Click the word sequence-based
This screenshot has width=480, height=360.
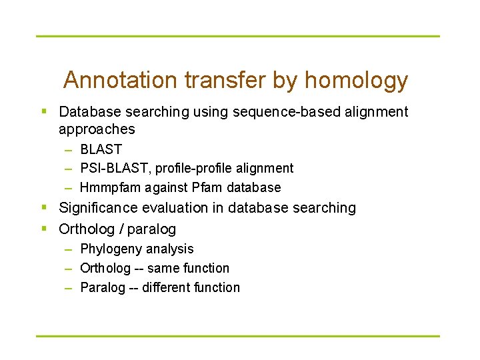pyautogui.click(x=286, y=112)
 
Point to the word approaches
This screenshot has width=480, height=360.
pyautogui.click(x=97, y=129)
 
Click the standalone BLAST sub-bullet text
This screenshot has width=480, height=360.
pyautogui.click(x=101, y=149)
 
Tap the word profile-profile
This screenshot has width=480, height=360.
pyautogui.click(x=193, y=168)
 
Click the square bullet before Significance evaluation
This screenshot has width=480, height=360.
pyautogui.click(x=43, y=208)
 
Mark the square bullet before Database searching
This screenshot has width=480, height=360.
pyautogui.click(x=43, y=111)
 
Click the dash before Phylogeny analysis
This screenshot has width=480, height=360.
pyautogui.click(x=69, y=249)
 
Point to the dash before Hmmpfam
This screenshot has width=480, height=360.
pyautogui.click(x=69, y=188)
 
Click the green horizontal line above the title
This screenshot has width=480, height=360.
pyautogui.click(x=238, y=36)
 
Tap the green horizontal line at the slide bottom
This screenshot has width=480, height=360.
pyautogui.click(x=238, y=335)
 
